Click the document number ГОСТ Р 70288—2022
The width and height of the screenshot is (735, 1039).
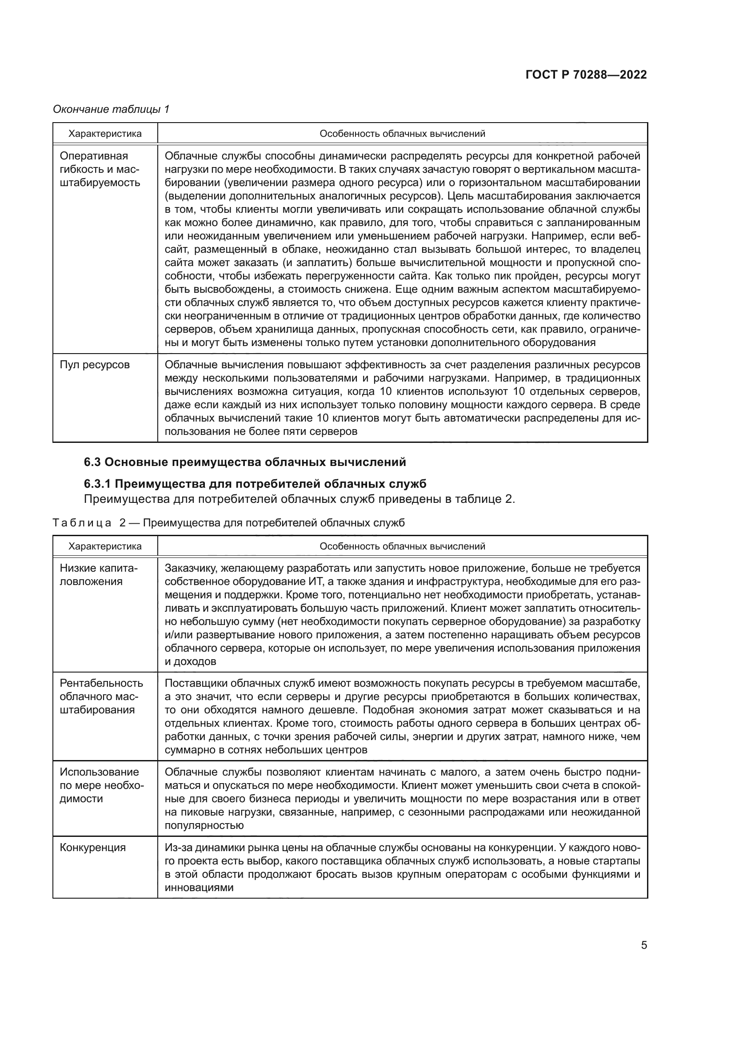(586, 75)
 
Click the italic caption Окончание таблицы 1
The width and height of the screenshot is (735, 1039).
(111, 109)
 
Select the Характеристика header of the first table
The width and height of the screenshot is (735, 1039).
(105, 134)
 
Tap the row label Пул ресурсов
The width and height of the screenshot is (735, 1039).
(95, 365)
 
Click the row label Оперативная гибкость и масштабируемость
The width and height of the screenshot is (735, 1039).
(100, 169)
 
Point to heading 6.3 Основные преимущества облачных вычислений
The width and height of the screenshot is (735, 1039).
(245, 462)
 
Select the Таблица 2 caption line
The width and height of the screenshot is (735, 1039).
(228, 523)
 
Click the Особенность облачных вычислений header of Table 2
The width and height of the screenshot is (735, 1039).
(402, 546)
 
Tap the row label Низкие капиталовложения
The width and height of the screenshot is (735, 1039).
(99, 575)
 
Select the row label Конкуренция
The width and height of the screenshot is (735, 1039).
(93, 848)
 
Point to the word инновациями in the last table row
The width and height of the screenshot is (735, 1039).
(199, 888)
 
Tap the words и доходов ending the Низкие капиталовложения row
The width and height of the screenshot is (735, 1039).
(191, 661)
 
